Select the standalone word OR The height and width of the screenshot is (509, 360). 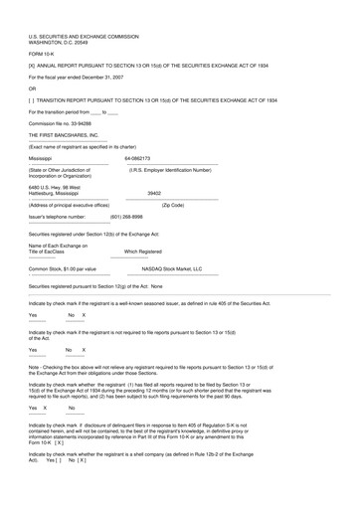pyautogui.click(x=33, y=87)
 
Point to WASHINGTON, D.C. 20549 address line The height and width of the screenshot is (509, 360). pyautogui.click(x=67, y=42)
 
